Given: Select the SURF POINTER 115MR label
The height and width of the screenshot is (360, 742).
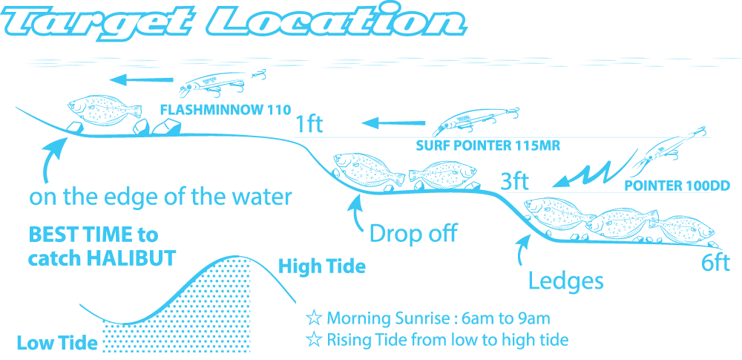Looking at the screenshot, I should [x=487, y=146].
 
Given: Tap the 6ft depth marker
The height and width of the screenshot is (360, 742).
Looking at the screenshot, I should [x=715, y=263].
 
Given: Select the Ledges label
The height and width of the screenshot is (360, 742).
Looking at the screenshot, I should [x=565, y=281].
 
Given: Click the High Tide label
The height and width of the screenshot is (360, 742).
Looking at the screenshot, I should [x=322, y=266].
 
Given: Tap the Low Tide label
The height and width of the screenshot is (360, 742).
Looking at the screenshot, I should [x=57, y=343].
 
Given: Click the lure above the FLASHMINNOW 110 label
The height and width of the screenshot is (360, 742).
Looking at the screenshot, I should [x=222, y=85].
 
